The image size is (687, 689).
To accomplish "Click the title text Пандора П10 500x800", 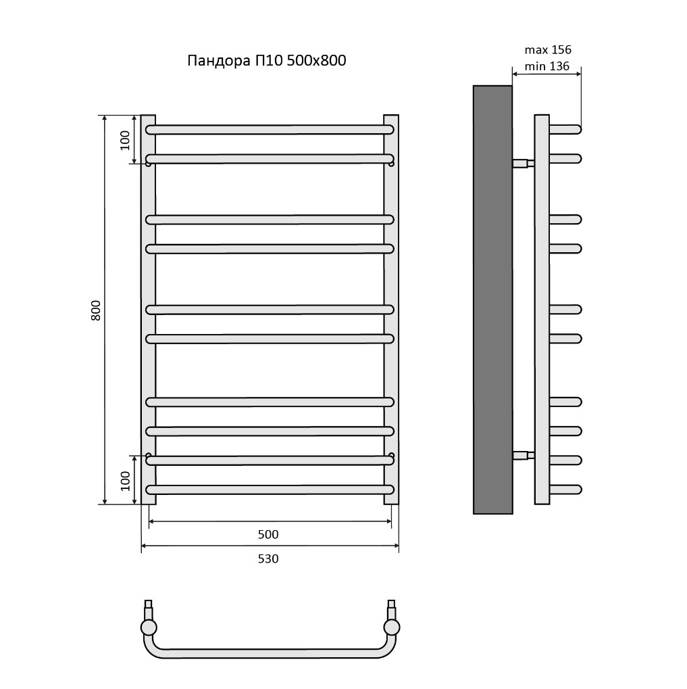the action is click(x=266, y=61).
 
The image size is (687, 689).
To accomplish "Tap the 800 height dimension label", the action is click(x=96, y=310).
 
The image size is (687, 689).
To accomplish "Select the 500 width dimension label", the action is click(x=268, y=534).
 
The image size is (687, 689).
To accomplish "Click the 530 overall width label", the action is click(x=268, y=559).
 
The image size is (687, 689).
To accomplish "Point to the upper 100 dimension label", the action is click(x=125, y=141).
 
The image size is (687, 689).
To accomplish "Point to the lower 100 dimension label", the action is click(x=125, y=481).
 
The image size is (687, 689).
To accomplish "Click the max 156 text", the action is click(x=548, y=49).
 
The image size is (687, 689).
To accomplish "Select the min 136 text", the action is click(x=547, y=66).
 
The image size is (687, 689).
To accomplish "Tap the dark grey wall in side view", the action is click(x=492, y=300).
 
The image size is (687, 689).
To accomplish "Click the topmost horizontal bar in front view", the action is click(x=270, y=130).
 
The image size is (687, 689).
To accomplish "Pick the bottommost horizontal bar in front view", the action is click(x=270, y=490).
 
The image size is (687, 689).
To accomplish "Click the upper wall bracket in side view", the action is click(x=524, y=164).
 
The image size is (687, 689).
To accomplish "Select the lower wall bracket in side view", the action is click(x=524, y=455).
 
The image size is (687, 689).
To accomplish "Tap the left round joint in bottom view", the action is click(x=149, y=627).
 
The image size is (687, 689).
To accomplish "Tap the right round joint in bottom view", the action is click(x=391, y=627).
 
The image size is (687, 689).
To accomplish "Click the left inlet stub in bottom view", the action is click(x=149, y=610).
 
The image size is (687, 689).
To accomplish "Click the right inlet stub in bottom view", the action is click(x=391, y=610).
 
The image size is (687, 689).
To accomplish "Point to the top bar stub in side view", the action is click(x=565, y=130).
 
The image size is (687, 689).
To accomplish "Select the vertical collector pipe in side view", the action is click(x=542, y=310).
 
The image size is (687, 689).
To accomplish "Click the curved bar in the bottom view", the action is click(x=270, y=653).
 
